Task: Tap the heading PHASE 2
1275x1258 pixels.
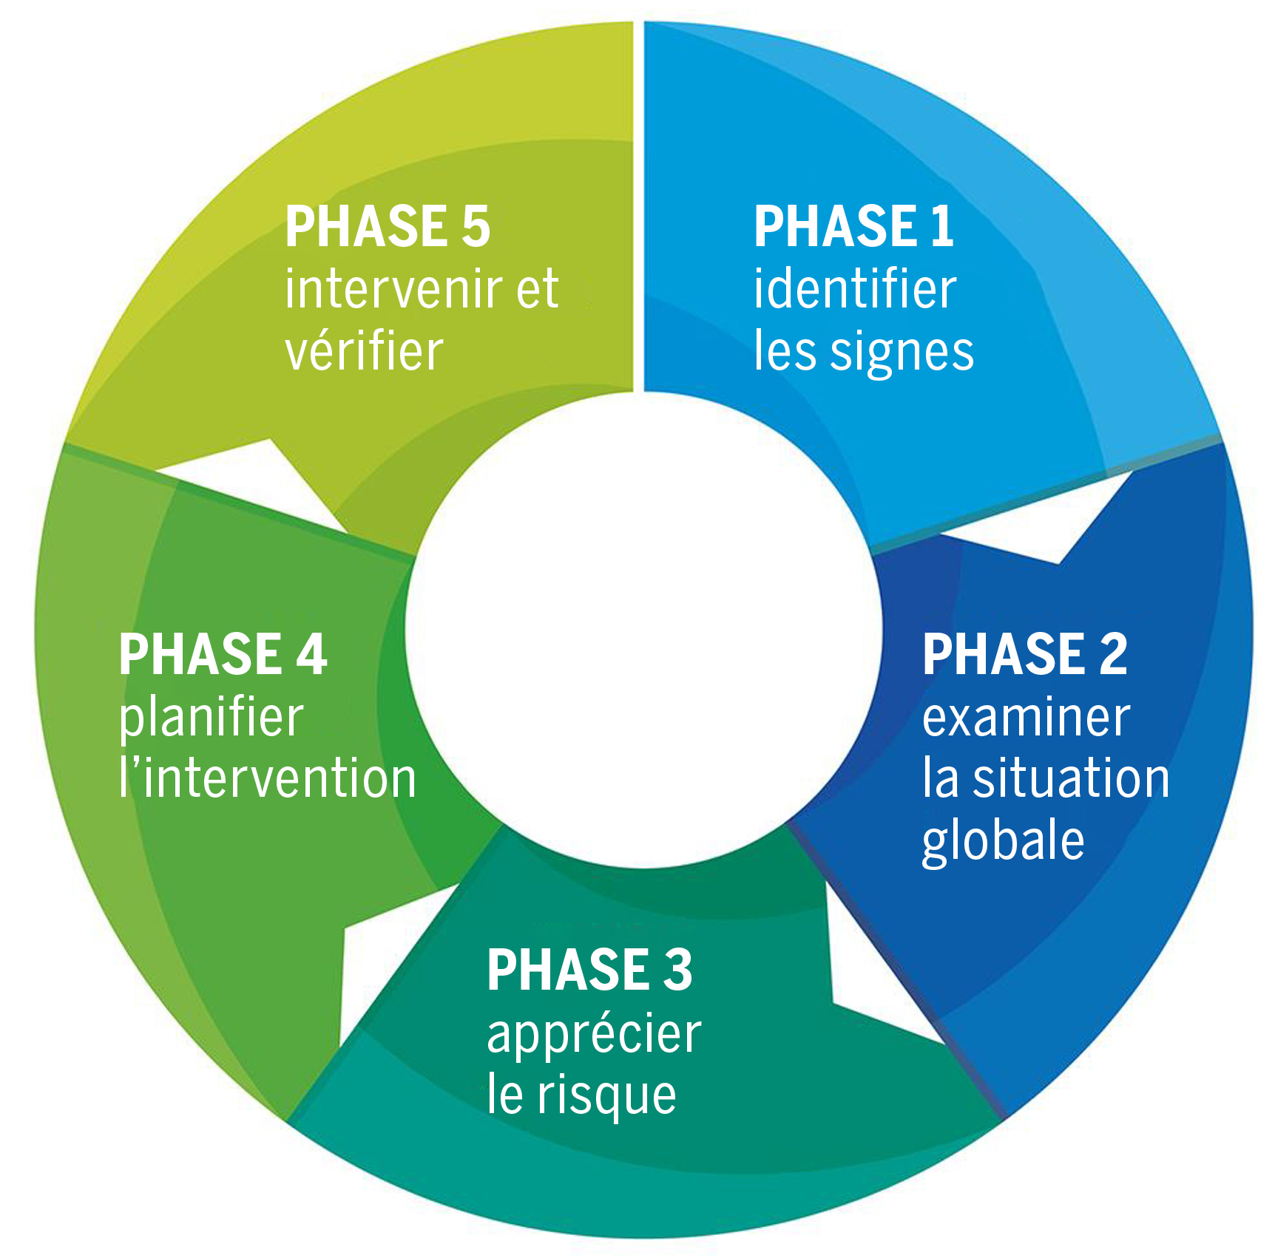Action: (x=1024, y=654)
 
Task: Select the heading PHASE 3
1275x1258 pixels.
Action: (x=589, y=970)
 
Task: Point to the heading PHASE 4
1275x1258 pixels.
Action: (x=223, y=654)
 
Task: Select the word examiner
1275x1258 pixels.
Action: (x=1026, y=718)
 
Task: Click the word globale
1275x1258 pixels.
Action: (x=1003, y=842)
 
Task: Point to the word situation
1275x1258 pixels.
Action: (x=1071, y=779)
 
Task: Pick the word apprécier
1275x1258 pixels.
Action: (x=594, y=1035)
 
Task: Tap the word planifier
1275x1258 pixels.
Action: (x=212, y=719)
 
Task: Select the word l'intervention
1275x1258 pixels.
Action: (x=268, y=779)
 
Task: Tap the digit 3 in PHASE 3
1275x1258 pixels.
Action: (x=677, y=970)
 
